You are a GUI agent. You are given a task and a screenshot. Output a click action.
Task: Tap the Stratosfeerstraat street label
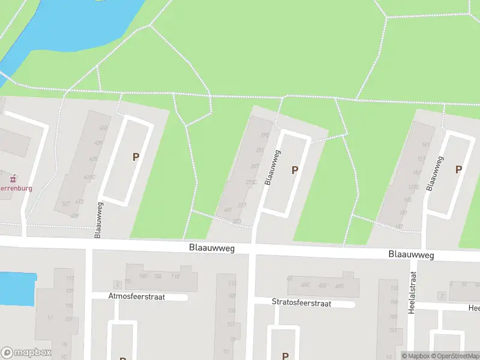[301, 303]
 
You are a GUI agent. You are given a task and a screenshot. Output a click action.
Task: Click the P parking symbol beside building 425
[136, 157]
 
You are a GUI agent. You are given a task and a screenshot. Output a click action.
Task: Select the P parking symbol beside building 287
[295, 170]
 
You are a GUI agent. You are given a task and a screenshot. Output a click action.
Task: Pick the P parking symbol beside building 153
[458, 170]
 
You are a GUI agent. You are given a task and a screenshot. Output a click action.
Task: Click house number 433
[104, 128]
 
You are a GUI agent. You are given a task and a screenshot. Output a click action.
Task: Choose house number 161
[427, 145]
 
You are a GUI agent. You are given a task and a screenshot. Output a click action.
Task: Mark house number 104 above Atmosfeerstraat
[158, 277]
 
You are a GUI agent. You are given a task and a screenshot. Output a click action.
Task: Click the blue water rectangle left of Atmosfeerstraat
[17, 289]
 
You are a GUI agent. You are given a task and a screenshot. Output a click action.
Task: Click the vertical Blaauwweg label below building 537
[98, 220]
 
